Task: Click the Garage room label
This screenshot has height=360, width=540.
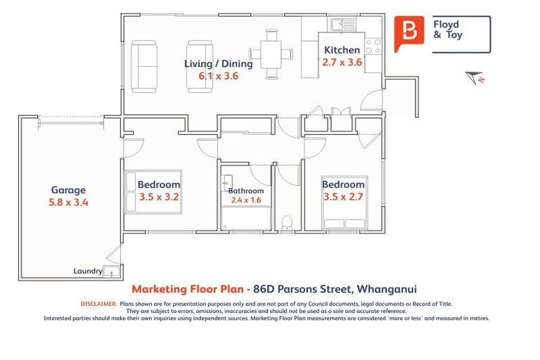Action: (x=68, y=190)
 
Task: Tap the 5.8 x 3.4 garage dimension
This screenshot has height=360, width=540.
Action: (x=68, y=202)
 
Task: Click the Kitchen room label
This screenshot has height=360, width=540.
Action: (x=342, y=50)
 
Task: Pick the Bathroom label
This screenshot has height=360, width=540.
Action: (x=245, y=191)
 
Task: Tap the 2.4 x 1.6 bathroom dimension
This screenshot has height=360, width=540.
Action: (x=245, y=200)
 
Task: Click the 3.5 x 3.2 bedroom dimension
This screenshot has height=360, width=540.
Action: (x=159, y=197)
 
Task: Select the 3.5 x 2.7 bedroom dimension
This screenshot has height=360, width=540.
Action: (x=343, y=197)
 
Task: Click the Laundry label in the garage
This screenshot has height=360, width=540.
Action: (x=88, y=271)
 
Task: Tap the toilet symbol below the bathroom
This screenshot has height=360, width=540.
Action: (x=286, y=223)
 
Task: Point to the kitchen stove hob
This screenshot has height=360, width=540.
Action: (x=373, y=46)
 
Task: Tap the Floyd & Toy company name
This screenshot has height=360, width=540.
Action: (x=449, y=29)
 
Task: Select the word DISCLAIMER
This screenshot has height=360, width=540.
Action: (x=98, y=304)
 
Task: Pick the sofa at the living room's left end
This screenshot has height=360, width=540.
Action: (x=144, y=65)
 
